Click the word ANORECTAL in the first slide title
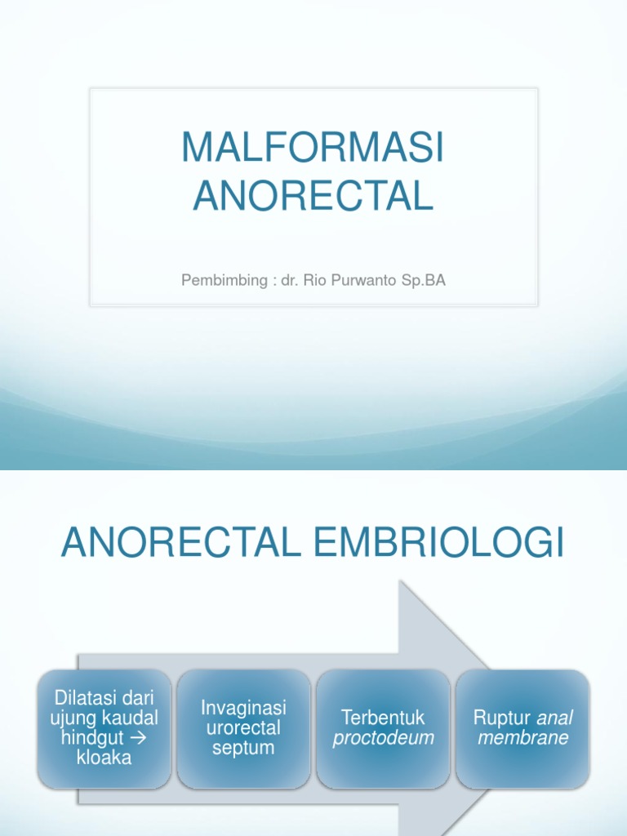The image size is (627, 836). click(x=313, y=196)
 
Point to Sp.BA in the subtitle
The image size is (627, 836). click(x=425, y=280)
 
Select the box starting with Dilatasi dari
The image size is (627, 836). click(x=104, y=728)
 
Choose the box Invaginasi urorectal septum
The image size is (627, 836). click(x=243, y=728)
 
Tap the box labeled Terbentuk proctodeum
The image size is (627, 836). click(x=383, y=728)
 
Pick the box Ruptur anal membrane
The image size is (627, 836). click(x=522, y=728)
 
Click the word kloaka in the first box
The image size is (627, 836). click(x=104, y=758)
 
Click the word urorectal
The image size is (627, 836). click(x=243, y=727)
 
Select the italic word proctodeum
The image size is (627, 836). click(x=383, y=738)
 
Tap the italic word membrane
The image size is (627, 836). click(x=522, y=738)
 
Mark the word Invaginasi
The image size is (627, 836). click(x=243, y=708)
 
